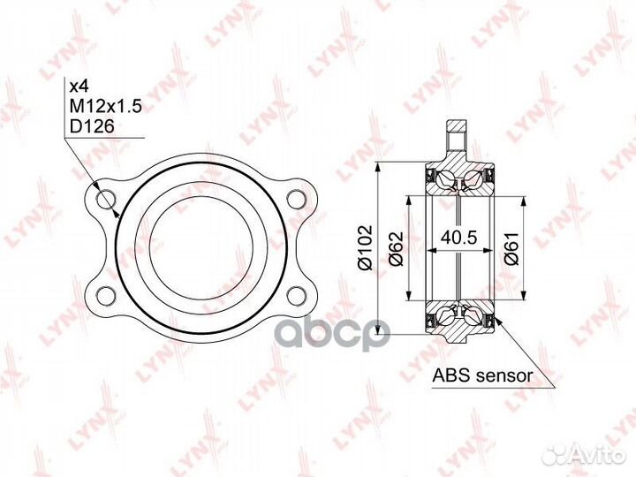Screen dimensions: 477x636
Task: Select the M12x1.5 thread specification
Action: (104, 107)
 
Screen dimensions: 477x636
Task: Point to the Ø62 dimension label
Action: (395, 248)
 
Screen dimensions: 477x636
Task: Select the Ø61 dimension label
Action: (511, 248)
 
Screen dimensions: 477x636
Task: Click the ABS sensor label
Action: (482, 375)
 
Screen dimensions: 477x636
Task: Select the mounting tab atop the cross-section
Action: (457, 138)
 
